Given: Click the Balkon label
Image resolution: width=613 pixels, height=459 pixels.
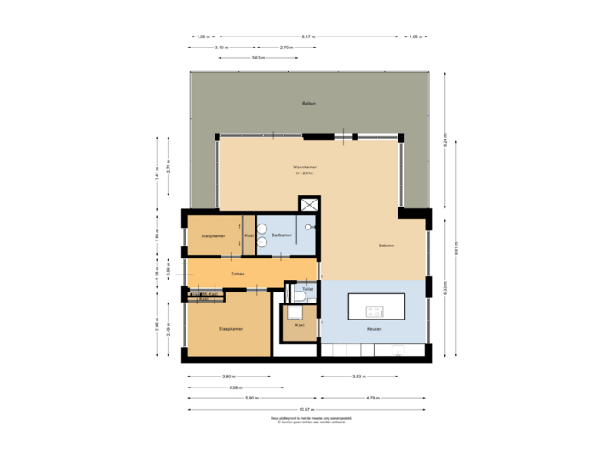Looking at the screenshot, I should pos(308,104).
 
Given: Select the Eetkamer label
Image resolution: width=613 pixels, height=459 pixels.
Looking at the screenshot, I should pos(387,246).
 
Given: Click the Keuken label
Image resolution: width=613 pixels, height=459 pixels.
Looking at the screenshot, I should pos(374,328).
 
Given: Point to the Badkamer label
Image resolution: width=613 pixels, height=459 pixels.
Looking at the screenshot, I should pos(282,235).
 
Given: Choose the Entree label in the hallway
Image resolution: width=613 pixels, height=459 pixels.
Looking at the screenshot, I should pos(238,274).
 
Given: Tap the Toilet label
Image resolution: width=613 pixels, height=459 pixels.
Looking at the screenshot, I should pos(307,289).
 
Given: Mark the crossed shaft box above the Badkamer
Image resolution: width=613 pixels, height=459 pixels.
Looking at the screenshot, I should pos(308,206).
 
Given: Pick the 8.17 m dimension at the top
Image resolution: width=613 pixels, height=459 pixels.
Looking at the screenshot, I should pos(308,37).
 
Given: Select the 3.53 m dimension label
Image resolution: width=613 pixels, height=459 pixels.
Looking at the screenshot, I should pos(358,376).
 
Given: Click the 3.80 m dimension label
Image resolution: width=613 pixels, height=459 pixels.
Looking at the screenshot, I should pos(227,376).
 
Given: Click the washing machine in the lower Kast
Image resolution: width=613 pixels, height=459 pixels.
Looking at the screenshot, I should pos(299,312).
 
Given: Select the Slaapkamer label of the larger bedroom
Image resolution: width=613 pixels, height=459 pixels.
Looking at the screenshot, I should pos(230,328).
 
